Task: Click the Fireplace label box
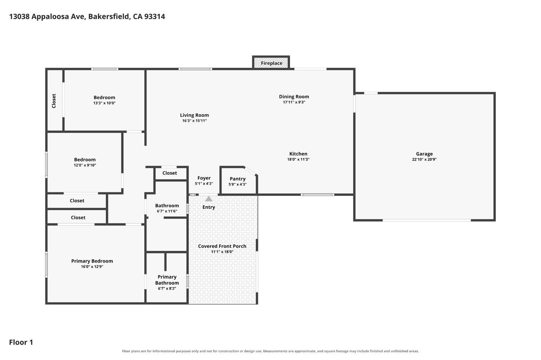[x=271, y=63]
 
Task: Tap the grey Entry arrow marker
[x=209, y=199]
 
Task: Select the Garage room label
[x=425, y=154]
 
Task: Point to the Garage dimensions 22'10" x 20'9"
[x=425, y=159]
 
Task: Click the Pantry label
[x=238, y=179]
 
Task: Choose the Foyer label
[x=204, y=178]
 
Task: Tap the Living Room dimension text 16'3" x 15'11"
[x=194, y=121]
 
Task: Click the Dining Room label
[x=294, y=97]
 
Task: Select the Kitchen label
[x=298, y=154]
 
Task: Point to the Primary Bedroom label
[x=92, y=261]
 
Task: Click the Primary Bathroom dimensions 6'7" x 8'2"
[x=167, y=289]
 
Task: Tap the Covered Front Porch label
[x=222, y=246]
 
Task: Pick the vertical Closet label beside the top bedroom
[x=54, y=101]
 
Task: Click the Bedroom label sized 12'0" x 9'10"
[x=85, y=160]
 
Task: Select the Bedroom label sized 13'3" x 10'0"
[x=104, y=98]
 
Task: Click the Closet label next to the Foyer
[x=170, y=173]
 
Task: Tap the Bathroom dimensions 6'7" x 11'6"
[x=167, y=211]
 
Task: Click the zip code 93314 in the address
[x=155, y=17]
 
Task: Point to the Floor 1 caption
[x=21, y=342]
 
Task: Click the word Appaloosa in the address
[x=50, y=17]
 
